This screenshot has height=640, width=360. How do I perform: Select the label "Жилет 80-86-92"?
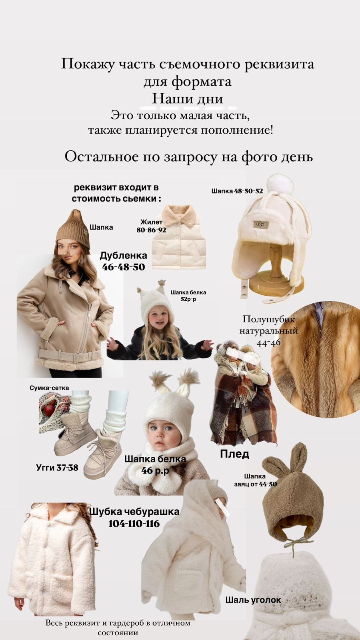[x=152, y=226]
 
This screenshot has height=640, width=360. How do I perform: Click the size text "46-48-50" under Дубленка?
[x=124, y=267]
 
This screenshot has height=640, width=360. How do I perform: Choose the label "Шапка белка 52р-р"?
[x=188, y=296]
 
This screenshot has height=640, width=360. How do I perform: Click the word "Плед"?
[x=234, y=454]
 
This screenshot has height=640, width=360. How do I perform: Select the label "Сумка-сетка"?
[x=49, y=388]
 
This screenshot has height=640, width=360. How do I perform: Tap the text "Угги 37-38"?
[x=57, y=467]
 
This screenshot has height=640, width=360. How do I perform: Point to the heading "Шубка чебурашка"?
[x=134, y=511]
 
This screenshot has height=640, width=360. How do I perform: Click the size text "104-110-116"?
[x=134, y=524]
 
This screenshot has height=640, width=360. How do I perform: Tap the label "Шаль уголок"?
[x=253, y=600]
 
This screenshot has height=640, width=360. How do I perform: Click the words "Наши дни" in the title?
[x=187, y=98]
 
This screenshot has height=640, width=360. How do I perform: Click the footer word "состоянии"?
[x=118, y=633]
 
